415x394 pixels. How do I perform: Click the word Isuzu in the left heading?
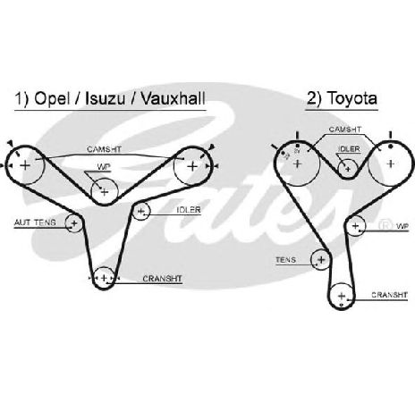pos(105,98)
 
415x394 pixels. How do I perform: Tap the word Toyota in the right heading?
pos(352,98)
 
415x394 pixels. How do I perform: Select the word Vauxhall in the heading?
pos(173,98)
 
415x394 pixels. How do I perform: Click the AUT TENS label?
pos(35,222)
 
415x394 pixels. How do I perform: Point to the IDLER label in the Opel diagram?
pos(189,210)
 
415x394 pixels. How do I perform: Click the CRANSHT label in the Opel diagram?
pos(162,279)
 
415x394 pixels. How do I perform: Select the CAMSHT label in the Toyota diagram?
pos(344,130)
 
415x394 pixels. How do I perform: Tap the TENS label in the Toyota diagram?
pos(286,260)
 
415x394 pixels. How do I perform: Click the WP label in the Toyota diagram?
pos(402,226)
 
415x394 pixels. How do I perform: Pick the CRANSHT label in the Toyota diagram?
pos(389,295)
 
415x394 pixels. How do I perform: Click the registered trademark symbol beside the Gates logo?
pos(385,225)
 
